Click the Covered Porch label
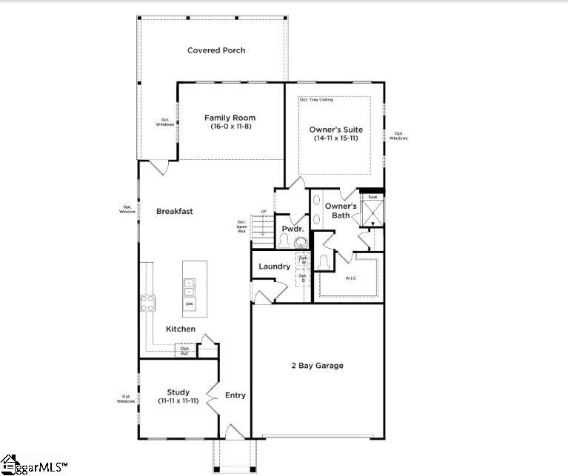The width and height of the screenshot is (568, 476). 216,50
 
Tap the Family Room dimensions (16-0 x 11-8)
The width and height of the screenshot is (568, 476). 230,127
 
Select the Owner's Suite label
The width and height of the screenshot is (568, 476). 336,130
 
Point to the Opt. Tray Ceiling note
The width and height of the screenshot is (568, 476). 316,99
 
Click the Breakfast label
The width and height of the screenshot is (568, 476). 175,211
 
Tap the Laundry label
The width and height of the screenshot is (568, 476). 274,267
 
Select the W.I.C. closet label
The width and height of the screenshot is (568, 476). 350,278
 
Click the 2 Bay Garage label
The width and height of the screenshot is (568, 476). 317,366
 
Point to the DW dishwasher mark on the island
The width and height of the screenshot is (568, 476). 190,304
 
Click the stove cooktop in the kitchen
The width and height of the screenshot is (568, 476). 148,302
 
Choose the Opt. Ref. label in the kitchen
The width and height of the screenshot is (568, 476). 185,351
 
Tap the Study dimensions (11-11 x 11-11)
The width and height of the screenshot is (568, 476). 178,400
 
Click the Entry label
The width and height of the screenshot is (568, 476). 235,395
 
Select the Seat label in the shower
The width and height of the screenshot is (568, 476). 372,197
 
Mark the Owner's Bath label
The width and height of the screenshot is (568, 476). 341,210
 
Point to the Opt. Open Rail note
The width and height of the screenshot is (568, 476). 241,227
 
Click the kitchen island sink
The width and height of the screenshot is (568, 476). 190,286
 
